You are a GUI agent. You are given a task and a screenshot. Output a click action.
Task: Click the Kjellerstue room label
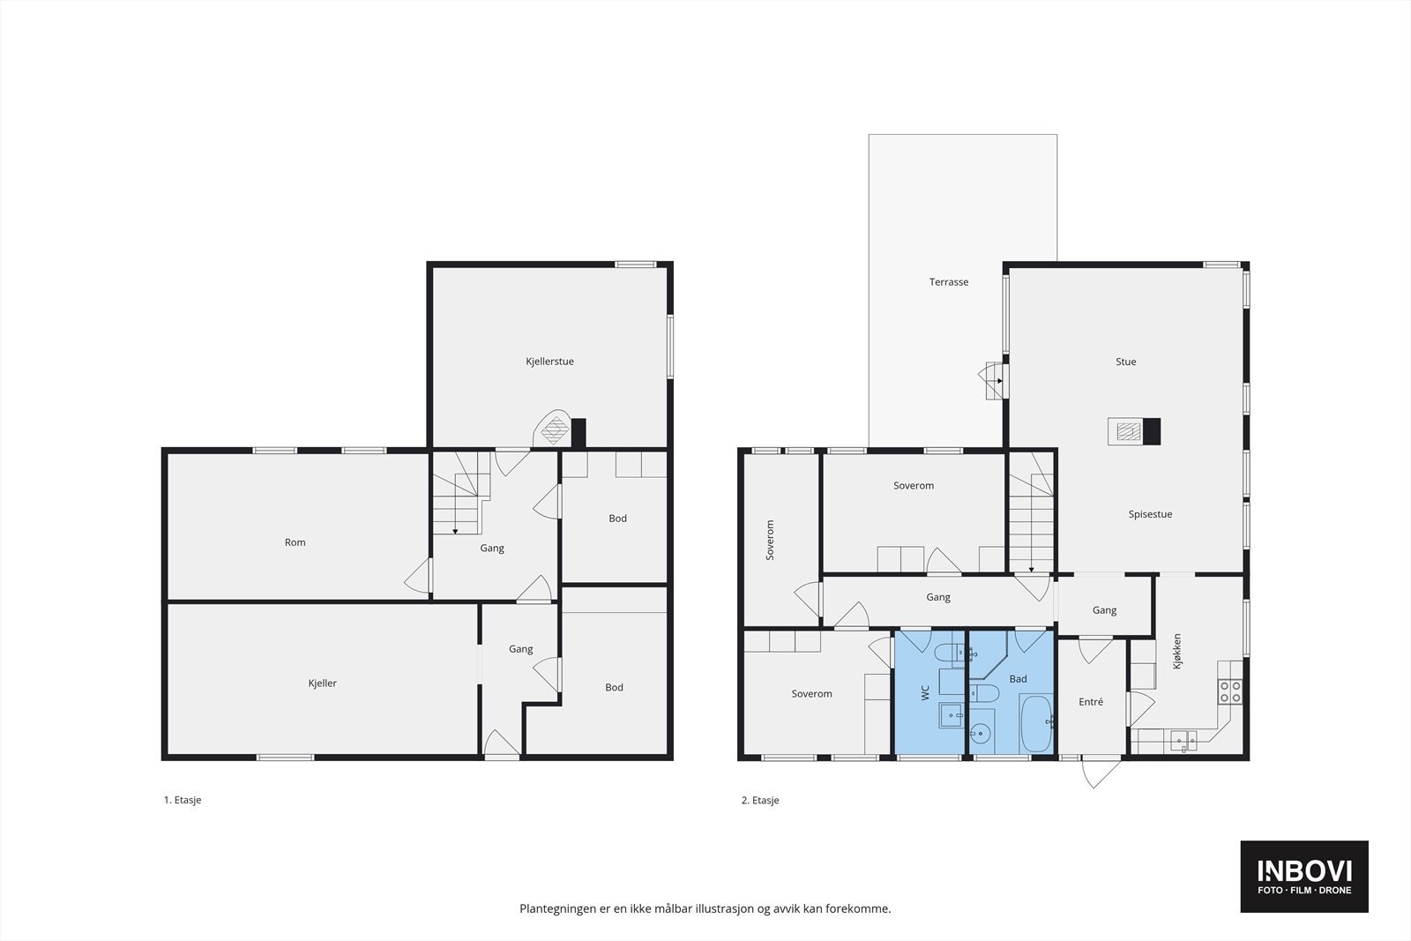(549, 362)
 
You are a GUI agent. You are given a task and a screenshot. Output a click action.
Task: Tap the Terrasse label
(949, 282)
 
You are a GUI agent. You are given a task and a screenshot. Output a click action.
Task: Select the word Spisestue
(1150, 514)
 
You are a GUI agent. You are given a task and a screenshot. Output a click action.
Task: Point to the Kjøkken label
(1176, 651)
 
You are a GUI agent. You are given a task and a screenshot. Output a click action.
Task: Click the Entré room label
(1090, 702)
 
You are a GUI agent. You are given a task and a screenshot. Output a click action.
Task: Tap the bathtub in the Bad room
(1036, 724)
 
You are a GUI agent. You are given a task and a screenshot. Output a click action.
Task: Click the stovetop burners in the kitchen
(1230, 691)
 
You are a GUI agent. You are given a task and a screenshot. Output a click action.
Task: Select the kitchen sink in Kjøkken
(1183, 740)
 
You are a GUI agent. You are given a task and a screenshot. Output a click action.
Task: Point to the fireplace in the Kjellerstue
(555, 431)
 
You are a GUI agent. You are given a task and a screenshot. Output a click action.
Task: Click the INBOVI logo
(1304, 876)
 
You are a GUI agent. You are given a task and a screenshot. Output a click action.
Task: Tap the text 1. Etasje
(183, 800)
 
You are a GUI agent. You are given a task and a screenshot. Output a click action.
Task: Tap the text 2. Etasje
(760, 801)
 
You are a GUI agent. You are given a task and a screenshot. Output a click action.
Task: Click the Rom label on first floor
(295, 542)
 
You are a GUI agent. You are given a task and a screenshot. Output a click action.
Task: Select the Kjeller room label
(322, 683)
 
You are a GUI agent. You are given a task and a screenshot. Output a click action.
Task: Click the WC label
(925, 693)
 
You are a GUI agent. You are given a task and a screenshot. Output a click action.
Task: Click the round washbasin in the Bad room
(980, 733)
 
